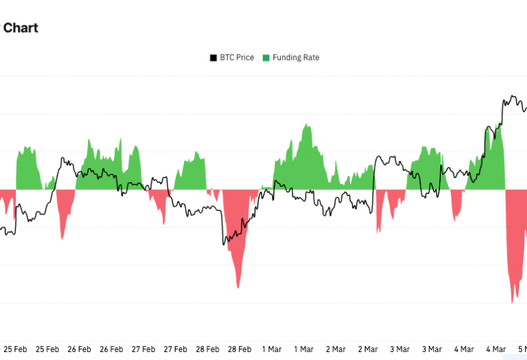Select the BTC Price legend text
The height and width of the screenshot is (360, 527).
coord(237,57)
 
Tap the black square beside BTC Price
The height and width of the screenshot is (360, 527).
coord(213,58)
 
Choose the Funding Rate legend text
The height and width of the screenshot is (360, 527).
coord(296,57)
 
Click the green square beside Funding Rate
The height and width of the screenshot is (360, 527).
coord(266,58)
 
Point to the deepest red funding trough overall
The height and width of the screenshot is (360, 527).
coord(512,302)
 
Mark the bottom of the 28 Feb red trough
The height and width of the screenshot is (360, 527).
coord(237,287)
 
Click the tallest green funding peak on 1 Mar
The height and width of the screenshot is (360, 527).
coord(307,125)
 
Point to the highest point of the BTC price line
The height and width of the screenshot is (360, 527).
coord(512,96)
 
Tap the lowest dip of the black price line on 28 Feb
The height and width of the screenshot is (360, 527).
coord(223,245)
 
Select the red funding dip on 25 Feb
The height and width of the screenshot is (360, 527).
coord(63,238)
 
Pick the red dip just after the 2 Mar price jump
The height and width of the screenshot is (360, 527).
coord(378,232)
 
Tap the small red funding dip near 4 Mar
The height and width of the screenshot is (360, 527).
coord(456,219)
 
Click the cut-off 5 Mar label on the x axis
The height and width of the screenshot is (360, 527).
coord(522,349)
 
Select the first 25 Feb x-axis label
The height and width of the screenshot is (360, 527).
coord(15,349)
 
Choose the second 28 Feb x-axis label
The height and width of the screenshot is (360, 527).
coord(239,349)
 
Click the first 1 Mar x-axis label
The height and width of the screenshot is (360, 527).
coord(272,349)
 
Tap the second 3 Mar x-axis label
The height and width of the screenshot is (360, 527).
coord(432,349)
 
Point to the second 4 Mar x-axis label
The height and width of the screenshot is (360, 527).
coord(496,349)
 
